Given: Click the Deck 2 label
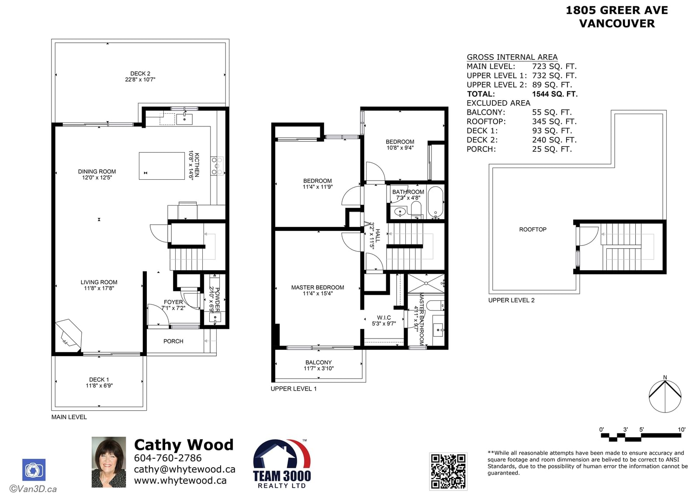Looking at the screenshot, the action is tap(140, 73).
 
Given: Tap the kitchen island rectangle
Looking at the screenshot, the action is tap(162, 166).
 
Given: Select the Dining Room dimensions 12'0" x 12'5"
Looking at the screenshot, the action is tap(97, 178).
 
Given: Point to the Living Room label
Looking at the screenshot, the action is tap(99, 282).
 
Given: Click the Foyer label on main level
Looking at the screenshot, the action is tap(173, 302).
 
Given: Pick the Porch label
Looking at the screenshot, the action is tap(173, 341).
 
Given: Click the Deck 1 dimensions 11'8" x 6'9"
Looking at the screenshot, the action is tap(99, 385).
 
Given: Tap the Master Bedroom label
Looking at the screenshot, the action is tap(318, 287).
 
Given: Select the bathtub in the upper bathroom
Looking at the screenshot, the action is tap(435, 202).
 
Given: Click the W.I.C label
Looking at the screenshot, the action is tap(384, 318).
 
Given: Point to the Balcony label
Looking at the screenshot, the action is tap(318, 362).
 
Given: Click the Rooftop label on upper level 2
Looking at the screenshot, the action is tap(533, 229).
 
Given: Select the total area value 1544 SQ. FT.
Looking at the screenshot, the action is tap(555, 94).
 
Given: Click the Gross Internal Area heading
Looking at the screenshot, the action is tap(512, 57).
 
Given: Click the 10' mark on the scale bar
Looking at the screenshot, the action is tap(682, 430).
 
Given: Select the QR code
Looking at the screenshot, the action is tap(448, 472).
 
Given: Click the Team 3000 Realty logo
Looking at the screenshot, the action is tap(282, 464).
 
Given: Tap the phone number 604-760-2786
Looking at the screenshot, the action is tap(168, 458).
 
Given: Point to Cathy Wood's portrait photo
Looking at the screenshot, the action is tap(109, 462).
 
